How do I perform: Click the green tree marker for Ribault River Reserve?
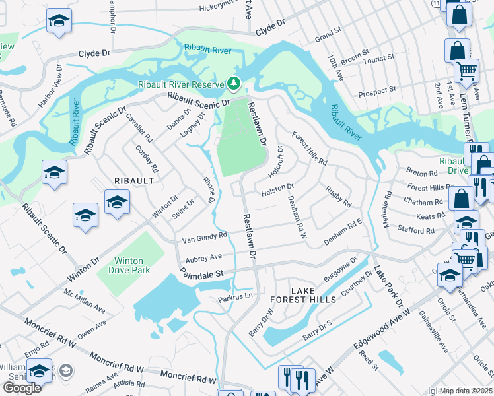[x=232, y=83]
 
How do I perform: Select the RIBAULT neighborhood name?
[x=135, y=180]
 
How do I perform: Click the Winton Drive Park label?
[x=123, y=265]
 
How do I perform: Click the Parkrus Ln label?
[x=236, y=299]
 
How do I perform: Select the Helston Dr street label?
[x=277, y=189]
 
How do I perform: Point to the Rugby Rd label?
[x=337, y=196]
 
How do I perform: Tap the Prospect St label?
[x=376, y=90]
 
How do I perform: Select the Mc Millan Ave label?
[x=85, y=300]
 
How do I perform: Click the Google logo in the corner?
[x=22, y=388]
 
